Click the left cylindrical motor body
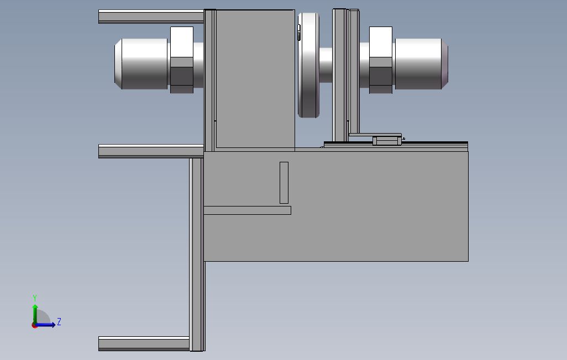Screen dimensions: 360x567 click(141, 63)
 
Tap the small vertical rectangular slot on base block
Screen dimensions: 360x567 click(284, 182)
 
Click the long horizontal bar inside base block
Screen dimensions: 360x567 click(247, 210)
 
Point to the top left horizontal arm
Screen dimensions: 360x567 click(150, 17)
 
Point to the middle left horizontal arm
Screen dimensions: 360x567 click(150, 151)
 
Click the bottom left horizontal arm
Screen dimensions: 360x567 click(144, 343)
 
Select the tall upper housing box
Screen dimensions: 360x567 click(254, 77)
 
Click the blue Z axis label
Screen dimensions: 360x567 click(59, 321)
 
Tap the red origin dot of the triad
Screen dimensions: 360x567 click(34, 326)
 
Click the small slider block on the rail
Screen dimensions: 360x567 click(387, 141)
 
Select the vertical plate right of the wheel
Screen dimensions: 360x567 click(339, 72)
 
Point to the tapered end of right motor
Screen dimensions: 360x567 click(444, 63)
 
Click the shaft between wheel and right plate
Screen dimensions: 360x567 click(326, 65)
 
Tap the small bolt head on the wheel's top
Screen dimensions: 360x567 click(299, 33)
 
